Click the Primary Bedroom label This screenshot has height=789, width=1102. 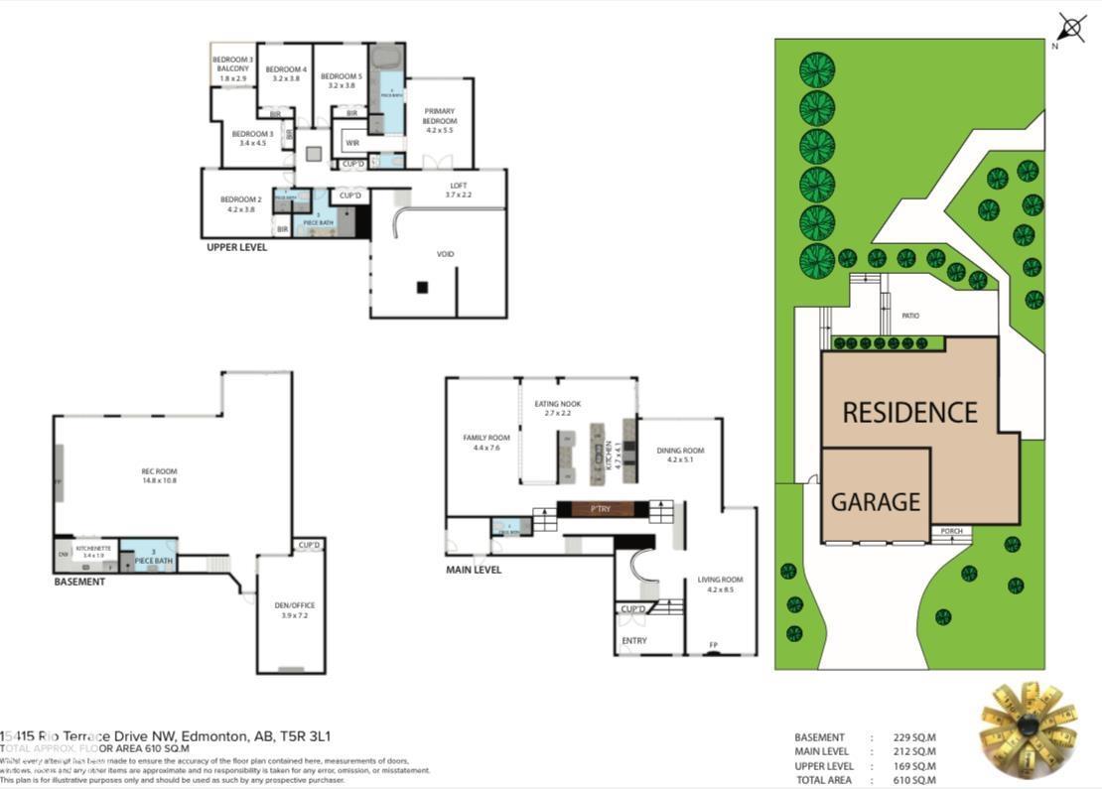(439, 119)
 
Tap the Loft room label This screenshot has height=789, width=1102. (458, 190)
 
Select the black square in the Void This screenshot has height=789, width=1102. (422, 288)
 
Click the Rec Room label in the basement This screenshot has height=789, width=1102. (159, 475)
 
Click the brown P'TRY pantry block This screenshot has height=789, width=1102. (601, 509)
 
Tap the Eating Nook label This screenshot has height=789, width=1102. (557, 408)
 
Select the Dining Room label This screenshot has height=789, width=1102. (680, 455)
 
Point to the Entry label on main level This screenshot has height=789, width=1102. (633, 641)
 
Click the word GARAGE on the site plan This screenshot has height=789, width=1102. (875, 502)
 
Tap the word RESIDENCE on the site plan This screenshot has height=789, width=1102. (909, 412)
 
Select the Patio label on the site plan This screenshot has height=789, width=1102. (910, 316)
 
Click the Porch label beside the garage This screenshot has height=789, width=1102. (951, 531)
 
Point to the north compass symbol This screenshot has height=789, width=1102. (1071, 28)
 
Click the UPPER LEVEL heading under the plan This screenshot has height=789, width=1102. (236, 247)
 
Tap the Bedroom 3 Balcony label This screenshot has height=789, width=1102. (231, 68)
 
